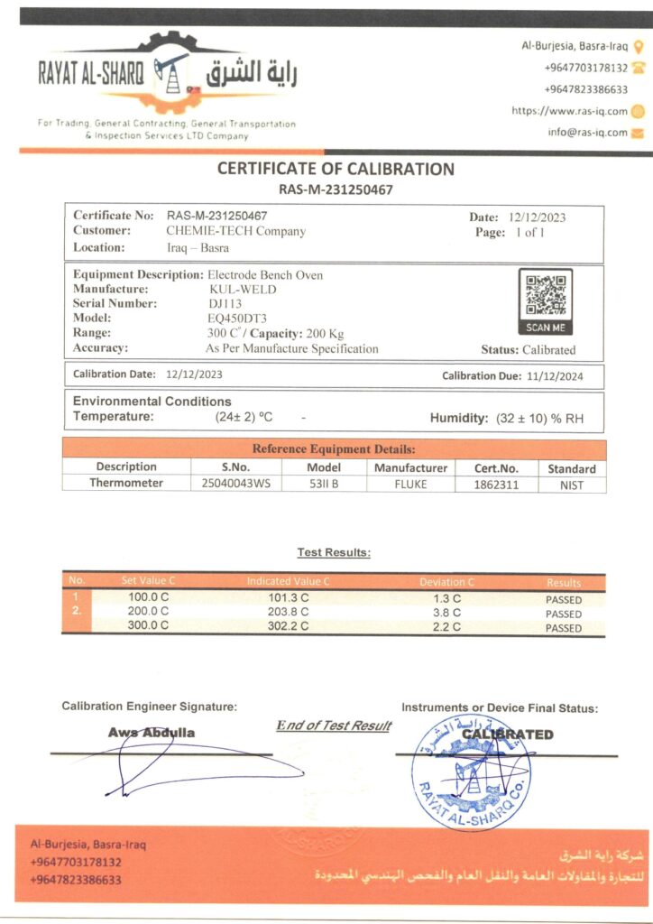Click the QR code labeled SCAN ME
point(545,296)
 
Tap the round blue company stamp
point(471,772)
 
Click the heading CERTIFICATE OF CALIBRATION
point(336,169)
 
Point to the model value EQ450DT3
point(236,318)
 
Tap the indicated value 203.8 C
point(289,612)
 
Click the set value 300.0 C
point(148,625)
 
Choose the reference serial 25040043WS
point(235,484)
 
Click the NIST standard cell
point(571,485)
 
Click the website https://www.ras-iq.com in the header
point(568,111)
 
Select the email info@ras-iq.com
point(587,133)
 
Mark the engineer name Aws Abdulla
point(152,733)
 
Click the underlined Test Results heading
point(334,552)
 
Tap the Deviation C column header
point(446,582)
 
